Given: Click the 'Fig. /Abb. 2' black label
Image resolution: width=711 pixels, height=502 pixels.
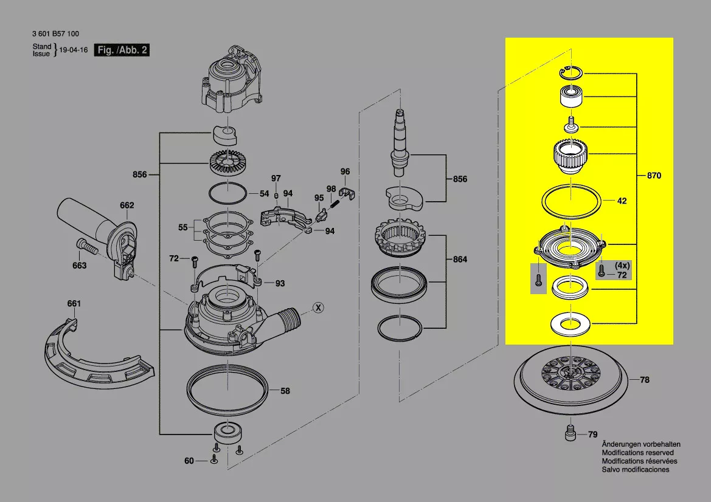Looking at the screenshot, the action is coord(122,50).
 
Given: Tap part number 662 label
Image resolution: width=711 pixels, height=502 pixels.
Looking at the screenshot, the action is coord(127,205).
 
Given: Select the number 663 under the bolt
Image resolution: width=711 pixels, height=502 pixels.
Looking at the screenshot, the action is coord(79,266).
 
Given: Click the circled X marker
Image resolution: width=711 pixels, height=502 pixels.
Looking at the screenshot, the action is coord(319,308).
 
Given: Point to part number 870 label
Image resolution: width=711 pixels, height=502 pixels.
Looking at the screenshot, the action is coord(654,176).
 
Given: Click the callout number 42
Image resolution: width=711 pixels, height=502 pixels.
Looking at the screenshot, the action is coord(622,201).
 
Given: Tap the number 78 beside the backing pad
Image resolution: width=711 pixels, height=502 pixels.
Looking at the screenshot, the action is coord(644,380).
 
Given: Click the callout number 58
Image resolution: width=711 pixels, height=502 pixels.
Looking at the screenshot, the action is coord(285,391).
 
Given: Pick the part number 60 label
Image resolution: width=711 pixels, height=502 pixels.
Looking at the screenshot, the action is coord(189,461).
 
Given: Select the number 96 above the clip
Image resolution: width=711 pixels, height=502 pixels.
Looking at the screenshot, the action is coord(345,171).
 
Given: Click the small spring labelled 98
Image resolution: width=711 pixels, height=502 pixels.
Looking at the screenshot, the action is coord(335,203).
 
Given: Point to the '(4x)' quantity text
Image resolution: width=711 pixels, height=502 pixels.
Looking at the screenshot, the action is coord(622,266).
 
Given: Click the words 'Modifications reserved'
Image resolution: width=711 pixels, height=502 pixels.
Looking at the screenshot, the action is coord(637,453).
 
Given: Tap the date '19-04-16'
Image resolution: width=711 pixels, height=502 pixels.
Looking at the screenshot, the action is coord(74,50).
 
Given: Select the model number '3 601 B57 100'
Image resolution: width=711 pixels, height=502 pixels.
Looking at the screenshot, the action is coord(56,33).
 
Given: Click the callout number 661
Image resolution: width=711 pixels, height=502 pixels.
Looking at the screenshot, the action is coord(74,303).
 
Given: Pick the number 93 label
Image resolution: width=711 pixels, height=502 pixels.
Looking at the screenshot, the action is coord(280,284).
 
